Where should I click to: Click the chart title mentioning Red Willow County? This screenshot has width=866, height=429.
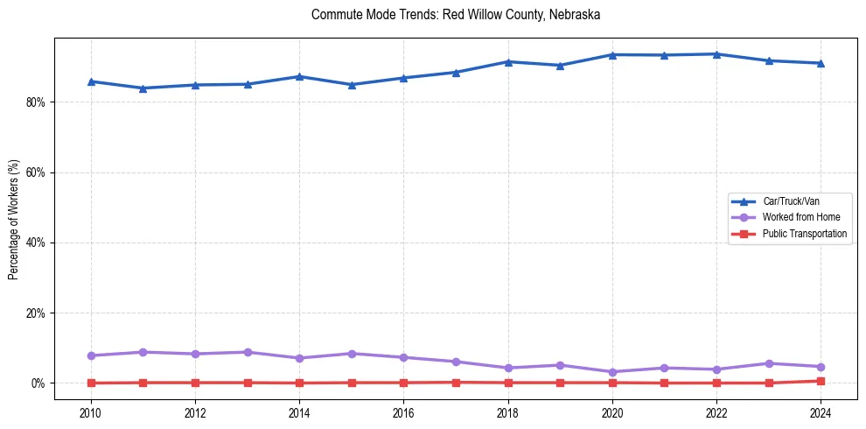(x=455, y=15)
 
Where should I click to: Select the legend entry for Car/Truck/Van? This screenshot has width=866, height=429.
(x=791, y=201)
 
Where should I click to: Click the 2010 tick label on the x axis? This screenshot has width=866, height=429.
(x=90, y=411)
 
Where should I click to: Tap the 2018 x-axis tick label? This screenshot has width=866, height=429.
(x=507, y=411)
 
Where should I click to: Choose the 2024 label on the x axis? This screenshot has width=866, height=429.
(x=821, y=411)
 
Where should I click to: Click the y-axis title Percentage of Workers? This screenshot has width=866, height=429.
(x=14, y=219)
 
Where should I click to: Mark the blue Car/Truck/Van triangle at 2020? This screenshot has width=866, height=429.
(x=612, y=54)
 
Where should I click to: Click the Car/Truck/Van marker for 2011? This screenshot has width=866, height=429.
(x=143, y=88)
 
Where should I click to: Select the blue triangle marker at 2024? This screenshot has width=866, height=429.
(x=821, y=63)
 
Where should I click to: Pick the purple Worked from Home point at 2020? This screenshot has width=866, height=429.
(x=612, y=372)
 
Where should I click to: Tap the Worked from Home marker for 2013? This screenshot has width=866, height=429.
(x=248, y=352)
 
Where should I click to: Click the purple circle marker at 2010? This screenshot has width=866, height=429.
(x=90, y=355)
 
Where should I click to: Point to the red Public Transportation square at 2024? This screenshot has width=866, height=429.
(x=821, y=381)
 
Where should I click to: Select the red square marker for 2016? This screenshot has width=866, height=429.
(x=403, y=383)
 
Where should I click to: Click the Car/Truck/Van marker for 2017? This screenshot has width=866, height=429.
(x=456, y=72)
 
